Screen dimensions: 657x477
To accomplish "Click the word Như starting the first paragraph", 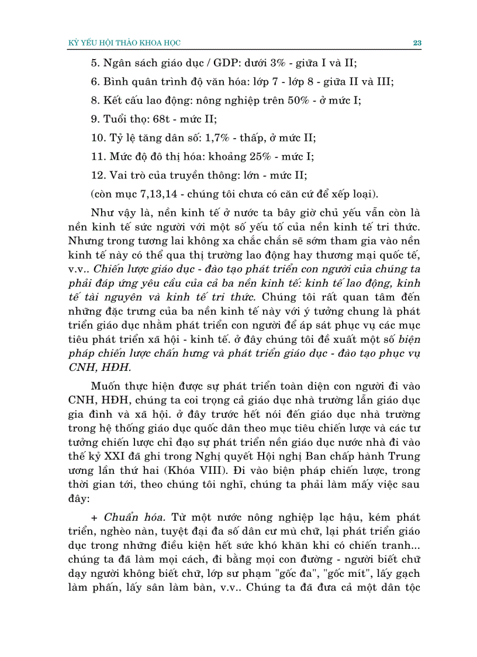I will pyautogui.click(x=103, y=212).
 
